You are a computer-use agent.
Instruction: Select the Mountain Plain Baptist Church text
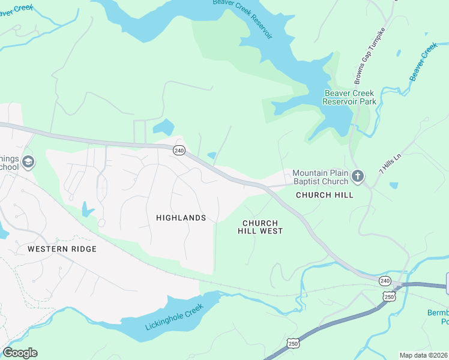tap(320, 177)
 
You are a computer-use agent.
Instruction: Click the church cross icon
tap(358, 176)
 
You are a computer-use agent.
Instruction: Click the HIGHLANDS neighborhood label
tap(181, 218)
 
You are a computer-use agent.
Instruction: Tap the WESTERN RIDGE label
tap(62, 248)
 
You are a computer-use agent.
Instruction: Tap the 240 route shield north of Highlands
tap(178, 150)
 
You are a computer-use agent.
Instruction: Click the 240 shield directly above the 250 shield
tap(385, 281)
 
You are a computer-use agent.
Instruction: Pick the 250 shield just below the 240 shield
tap(390, 296)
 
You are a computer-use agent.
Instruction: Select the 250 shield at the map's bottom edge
tap(293, 343)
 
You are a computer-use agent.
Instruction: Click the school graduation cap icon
tap(28, 162)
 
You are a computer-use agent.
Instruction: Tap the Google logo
tap(20, 353)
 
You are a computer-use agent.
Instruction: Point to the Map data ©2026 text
tap(423, 355)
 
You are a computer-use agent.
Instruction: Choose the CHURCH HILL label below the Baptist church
tap(324, 195)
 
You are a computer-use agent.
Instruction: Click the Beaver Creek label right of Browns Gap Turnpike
tap(424, 62)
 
